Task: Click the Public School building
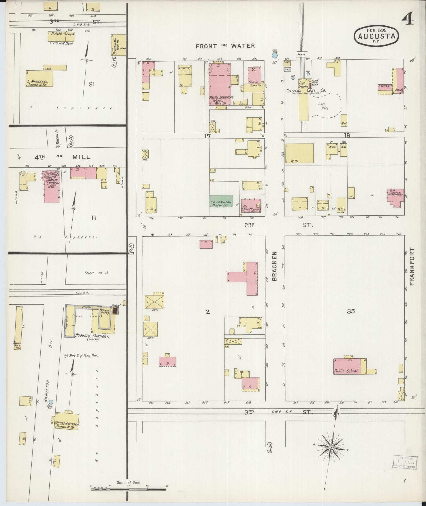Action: click(347, 366)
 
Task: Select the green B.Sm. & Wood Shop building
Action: click(221, 201)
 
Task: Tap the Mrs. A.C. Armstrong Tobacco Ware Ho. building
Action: click(220, 85)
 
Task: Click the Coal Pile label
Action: click(325, 106)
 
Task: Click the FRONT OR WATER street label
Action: click(225, 46)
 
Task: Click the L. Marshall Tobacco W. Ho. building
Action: click(39, 79)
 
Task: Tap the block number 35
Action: click(351, 311)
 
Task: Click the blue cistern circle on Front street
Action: click(275, 56)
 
